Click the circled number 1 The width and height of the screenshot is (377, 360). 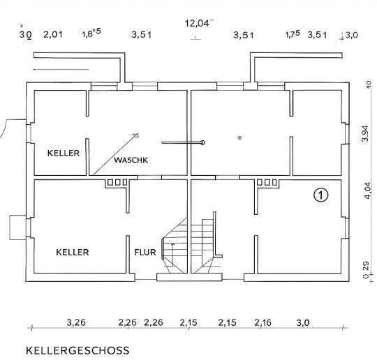pos(320,195)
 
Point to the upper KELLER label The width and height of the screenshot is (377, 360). pos(64,152)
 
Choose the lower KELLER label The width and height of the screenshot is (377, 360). pos(72,252)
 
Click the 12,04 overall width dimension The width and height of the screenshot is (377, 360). pos(198,22)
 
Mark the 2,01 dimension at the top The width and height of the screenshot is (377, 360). pos(53,33)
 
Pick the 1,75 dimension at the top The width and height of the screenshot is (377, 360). pos(293,33)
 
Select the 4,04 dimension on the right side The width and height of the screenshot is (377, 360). pos(364,191)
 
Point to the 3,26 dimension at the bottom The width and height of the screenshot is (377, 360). pos(76,322)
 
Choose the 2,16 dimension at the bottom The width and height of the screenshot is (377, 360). pos(263,322)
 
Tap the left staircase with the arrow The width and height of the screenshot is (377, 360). pos(175,248)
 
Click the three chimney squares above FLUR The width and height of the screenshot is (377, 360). pos(117,183)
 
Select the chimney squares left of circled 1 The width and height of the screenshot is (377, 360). pos(267,183)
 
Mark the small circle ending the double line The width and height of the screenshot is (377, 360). pos(202,142)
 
